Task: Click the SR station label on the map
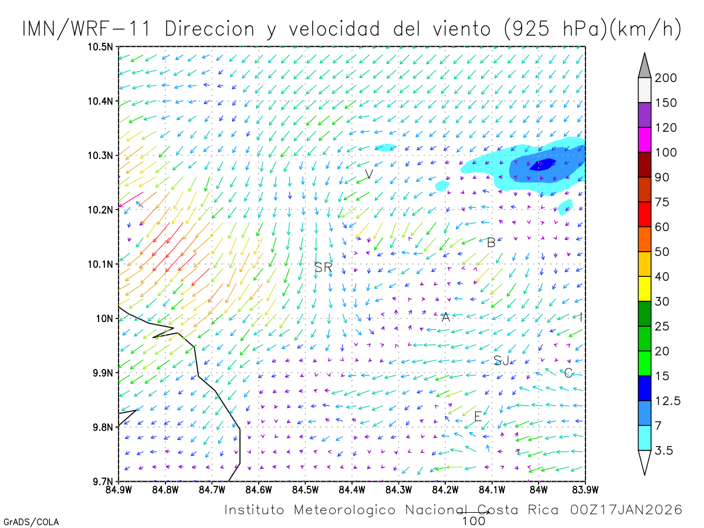click(323, 268)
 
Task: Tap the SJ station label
click(501, 360)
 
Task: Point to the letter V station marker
click(368, 174)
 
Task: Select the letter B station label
click(491, 242)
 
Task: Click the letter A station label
click(445, 317)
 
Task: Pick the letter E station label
click(478, 417)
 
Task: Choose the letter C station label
click(568, 373)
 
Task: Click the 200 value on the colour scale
click(666, 78)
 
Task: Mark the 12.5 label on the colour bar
click(668, 401)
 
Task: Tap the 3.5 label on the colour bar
click(664, 450)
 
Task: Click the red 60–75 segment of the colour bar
click(644, 214)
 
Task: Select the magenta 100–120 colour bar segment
click(644, 140)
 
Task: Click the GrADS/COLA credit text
click(31, 522)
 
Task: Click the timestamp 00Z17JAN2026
click(626, 510)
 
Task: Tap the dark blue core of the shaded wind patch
click(543, 164)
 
